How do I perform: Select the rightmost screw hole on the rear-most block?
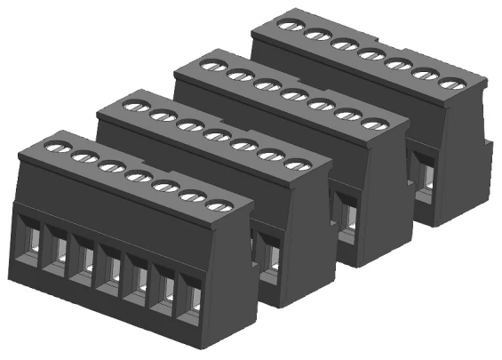tap(451, 84)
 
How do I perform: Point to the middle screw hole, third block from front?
tap(292, 95)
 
